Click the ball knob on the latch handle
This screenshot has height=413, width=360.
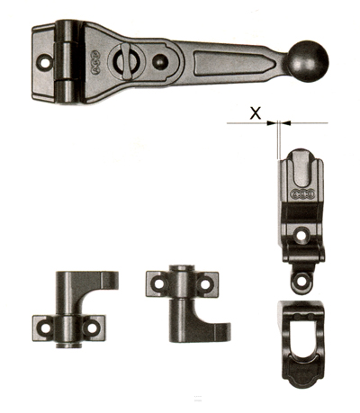[309, 61]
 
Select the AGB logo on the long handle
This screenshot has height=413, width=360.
[95, 62]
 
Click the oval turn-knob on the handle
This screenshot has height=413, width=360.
[127, 61]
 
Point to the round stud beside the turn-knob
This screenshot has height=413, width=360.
[159, 62]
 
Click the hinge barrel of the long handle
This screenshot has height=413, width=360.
[67, 62]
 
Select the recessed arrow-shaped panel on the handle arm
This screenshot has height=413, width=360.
[235, 63]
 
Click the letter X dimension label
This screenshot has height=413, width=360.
[256, 113]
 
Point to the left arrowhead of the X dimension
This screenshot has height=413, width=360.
[272, 122]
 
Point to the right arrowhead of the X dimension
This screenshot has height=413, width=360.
[285, 122]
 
